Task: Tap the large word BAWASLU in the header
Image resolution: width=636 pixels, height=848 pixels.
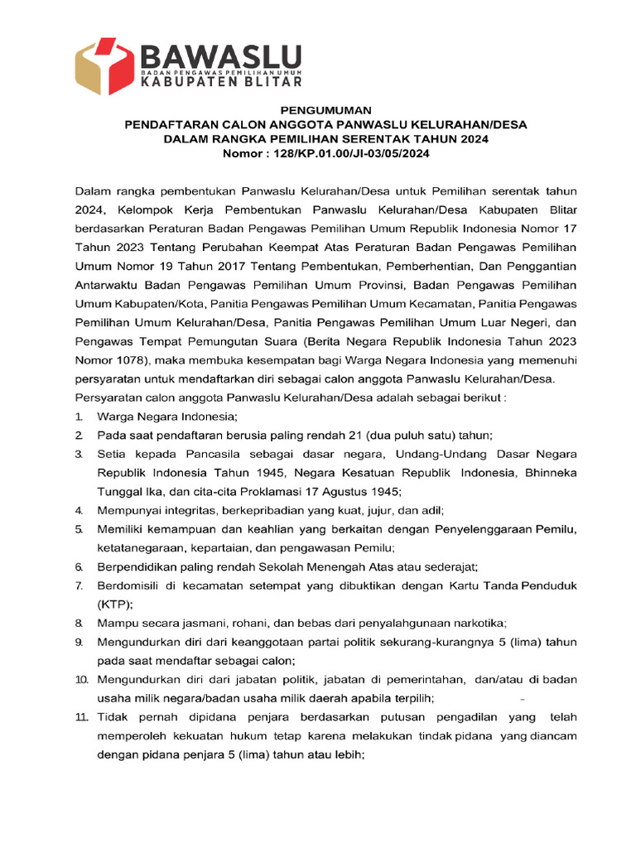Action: click(x=220, y=56)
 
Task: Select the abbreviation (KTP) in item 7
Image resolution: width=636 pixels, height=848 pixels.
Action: click(x=115, y=604)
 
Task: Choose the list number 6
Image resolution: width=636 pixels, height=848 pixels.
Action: click(x=79, y=567)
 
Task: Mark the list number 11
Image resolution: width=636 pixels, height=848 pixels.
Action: click(x=81, y=716)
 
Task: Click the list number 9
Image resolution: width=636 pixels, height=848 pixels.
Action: click(x=79, y=642)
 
